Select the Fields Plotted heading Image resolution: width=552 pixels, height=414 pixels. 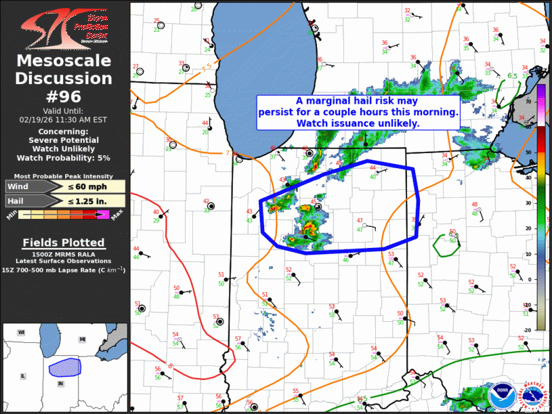point(63,243)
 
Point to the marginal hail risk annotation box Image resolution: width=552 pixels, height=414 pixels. point(358,112)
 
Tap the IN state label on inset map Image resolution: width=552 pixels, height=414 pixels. point(60,384)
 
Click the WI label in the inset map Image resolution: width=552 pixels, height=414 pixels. point(22,332)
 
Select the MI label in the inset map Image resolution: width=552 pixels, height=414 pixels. point(83,339)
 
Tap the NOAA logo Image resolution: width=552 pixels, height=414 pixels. point(502,393)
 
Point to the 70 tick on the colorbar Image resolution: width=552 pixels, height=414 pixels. point(528,100)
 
